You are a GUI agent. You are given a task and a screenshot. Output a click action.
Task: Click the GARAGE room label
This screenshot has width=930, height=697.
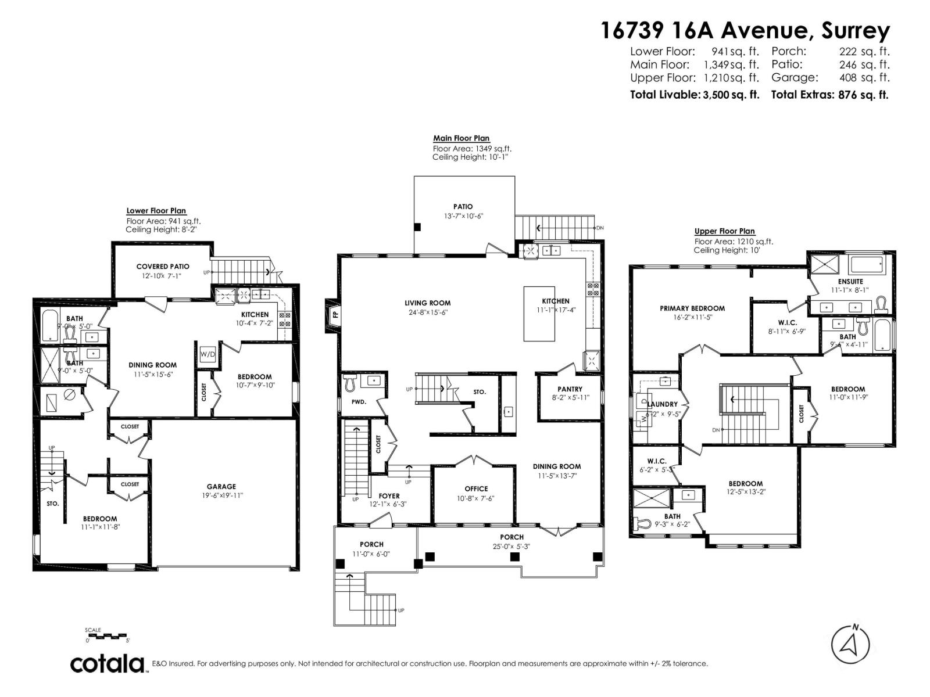click(x=221, y=487)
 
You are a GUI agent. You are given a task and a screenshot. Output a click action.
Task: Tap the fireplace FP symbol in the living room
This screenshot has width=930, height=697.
click(x=335, y=315)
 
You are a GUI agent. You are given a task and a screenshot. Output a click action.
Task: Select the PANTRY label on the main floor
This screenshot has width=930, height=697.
click(x=570, y=389)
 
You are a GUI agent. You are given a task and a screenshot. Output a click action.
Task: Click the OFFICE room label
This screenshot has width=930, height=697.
click(x=476, y=488)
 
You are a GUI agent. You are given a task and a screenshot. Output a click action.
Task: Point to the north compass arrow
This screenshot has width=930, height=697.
click(x=850, y=645)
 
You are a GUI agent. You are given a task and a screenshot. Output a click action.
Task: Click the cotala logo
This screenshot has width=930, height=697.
click(x=108, y=663)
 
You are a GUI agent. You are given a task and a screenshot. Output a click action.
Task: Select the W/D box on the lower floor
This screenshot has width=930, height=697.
click(x=208, y=354)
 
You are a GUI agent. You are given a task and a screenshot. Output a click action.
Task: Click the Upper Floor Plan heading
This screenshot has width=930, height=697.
click(x=724, y=231)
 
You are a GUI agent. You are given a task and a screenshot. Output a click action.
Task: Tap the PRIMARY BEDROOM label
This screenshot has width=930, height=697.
click(x=692, y=308)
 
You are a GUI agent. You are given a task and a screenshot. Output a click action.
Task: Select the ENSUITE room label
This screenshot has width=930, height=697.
click(x=850, y=281)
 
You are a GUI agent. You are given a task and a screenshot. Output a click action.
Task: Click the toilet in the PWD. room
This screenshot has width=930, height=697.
click(x=350, y=383)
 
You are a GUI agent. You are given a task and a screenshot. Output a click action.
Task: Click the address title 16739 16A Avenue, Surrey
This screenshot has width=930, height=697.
click(x=745, y=30)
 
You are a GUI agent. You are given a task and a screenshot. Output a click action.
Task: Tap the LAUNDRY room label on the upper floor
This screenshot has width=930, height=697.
click(x=662, y=404)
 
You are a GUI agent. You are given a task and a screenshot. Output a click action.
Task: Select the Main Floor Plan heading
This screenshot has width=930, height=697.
click(x=461, y=138)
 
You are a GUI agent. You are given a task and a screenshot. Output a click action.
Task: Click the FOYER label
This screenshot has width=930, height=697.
click(x=389, y=496)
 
